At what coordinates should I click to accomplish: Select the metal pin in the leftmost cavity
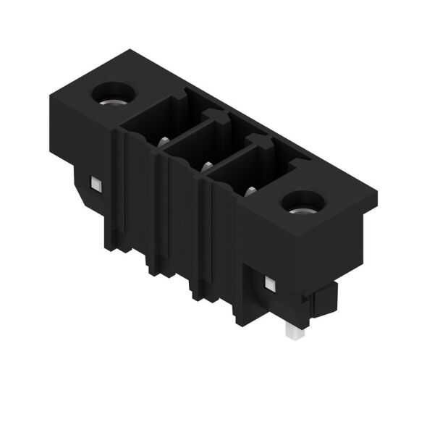(164, 141)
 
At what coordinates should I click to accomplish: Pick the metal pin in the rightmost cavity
(250, 191)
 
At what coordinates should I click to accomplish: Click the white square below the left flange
(93, 185)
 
